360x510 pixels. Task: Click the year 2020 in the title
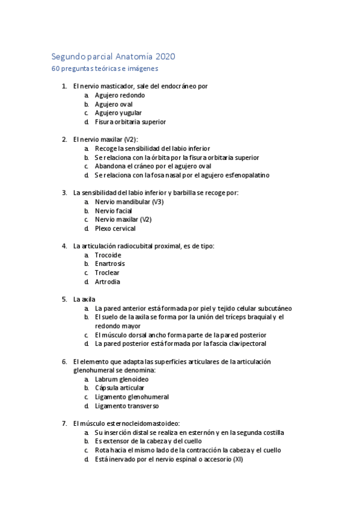point(165,57)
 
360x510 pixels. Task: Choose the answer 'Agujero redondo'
point(120,95)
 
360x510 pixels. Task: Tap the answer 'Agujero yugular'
point(118,112)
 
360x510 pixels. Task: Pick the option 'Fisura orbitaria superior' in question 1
point(130,121)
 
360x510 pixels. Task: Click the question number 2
point(64,140)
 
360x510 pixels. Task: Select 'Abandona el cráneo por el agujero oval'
point(161,166)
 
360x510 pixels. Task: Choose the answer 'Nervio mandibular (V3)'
point(129,201)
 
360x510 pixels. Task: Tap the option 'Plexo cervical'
point(115,229)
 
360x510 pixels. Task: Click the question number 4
point(64,246)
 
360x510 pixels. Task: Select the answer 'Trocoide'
point(108,255)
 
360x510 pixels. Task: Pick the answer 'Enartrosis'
point(110,263)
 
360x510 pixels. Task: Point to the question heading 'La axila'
point(84,299)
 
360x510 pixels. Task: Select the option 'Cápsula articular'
point(119,388)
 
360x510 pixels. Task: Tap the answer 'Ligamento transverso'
point(125,406)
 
